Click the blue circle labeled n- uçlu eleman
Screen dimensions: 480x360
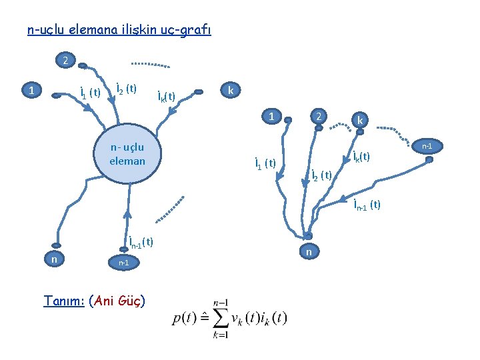pyautogui.click(x=127, y=154)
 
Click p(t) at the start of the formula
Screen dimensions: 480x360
pyautogui.click(x=185, y=318)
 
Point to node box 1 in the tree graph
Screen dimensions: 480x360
pyautogui.click(x=272, y=115)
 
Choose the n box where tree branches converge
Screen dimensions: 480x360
pyautogui.click(x=307, y=252)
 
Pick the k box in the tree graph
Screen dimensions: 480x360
pyautogui.click(x=360, y=121)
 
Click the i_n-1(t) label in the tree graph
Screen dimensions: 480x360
pyautogui.click(x=367, y=204)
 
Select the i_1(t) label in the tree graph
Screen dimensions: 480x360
pyautogui.click(x=265, y=163)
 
